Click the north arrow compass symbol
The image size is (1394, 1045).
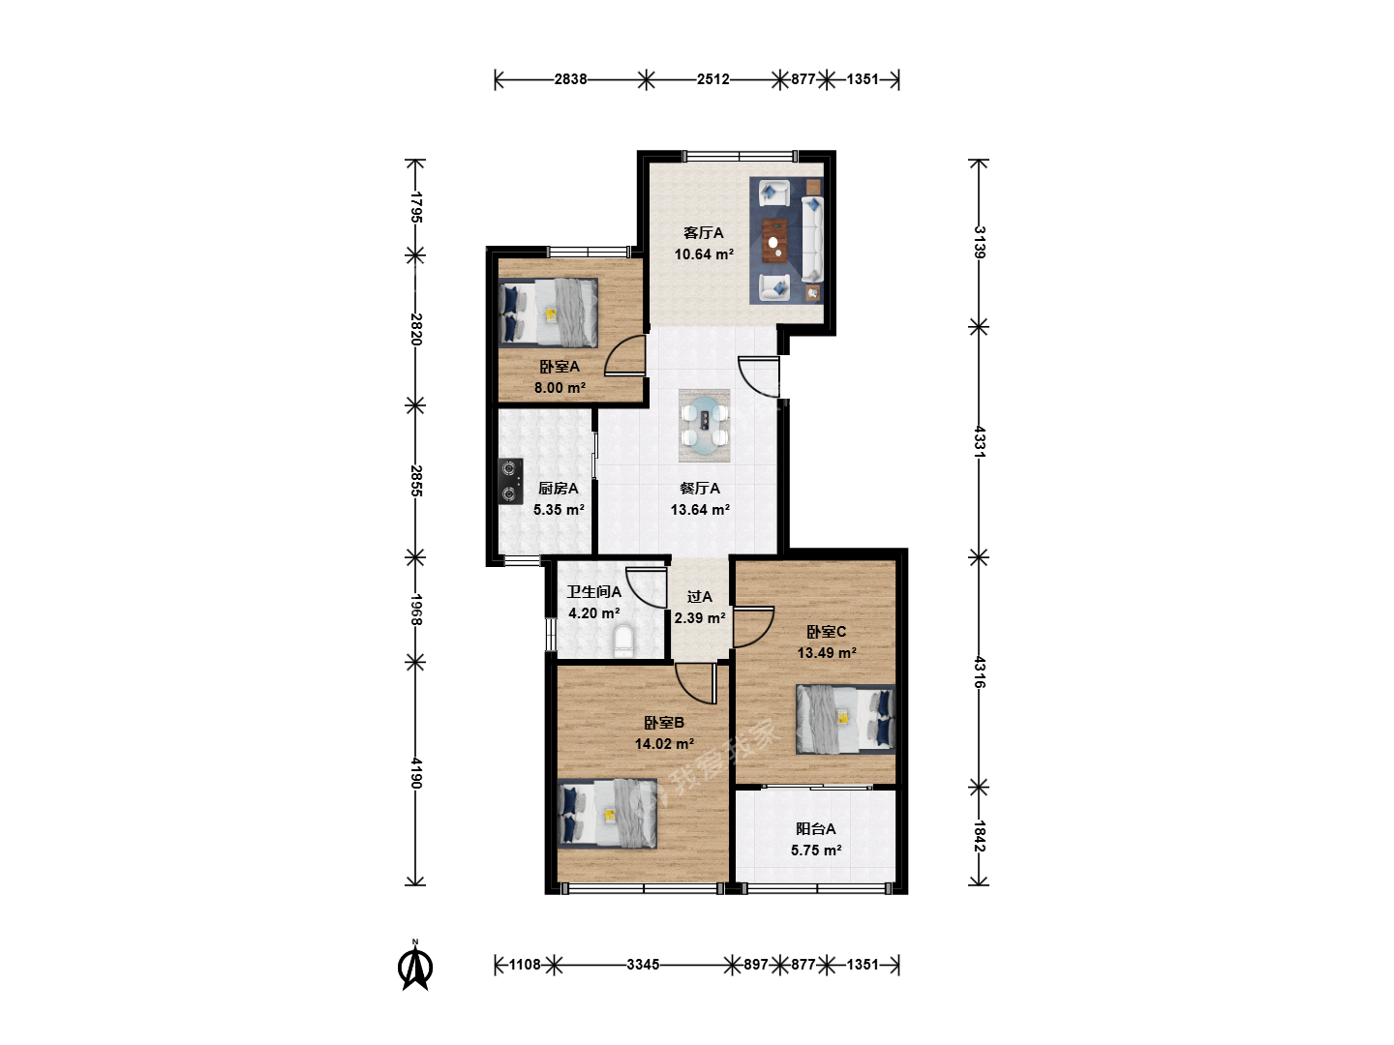(415, 967)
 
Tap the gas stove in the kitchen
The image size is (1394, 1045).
(510, 481)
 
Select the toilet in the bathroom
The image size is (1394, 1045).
(623, 641)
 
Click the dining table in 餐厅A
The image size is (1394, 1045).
(705, 426)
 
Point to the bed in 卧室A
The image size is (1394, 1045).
(548, 313)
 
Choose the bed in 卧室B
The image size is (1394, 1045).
(607, 814)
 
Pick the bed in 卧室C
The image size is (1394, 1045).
(845, 720)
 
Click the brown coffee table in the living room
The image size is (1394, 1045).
(774, 240)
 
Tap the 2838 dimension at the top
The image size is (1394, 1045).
(570, 79)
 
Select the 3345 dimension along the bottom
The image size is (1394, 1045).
(643, 965)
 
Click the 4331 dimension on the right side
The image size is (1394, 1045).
(979, 441)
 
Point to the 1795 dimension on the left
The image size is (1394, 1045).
(415, 207)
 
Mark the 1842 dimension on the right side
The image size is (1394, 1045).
(979, 836)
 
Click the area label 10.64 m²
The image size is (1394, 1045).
(704, 254)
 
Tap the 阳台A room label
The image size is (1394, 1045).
(815, 829)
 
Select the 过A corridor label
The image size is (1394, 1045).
(699, 597)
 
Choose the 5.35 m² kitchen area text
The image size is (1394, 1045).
(559, 510)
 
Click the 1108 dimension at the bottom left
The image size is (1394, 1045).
(525, 965)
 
